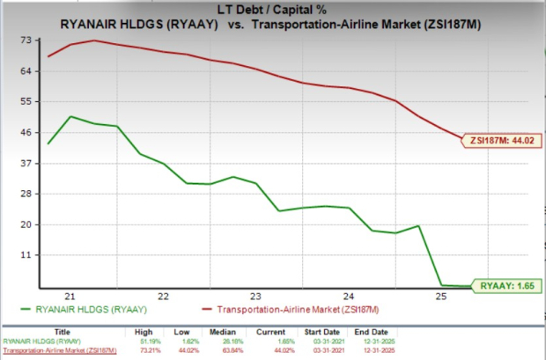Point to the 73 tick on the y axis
coord(27,40)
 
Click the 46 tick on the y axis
coord(27,132)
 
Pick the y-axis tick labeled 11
coord(27,254)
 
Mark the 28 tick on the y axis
coord(27,194)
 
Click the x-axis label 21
coord(70,297)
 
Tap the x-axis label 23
coord(255,297)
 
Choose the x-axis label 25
coord(440,297)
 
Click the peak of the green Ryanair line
coord(70,116)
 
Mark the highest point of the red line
coord(94,40)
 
